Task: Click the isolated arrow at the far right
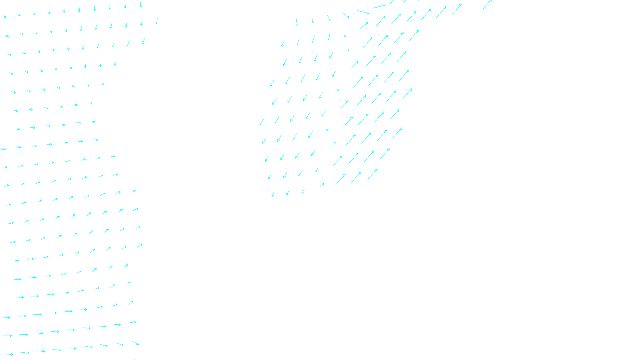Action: click(486, 5)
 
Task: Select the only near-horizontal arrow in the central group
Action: click(378, 6)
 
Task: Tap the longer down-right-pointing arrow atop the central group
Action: click(363, 12)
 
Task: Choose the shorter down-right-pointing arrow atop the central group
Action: click(346, 15)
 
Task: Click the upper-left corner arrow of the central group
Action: click(297, 22)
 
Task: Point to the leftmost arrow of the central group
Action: click(262, 122)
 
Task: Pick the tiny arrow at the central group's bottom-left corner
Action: click(273, 195)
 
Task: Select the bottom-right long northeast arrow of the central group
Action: click(372, 175)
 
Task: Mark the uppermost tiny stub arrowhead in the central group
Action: click(348, 50)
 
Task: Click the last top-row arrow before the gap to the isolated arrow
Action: click(456, 10)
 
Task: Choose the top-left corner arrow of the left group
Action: click(5, 16)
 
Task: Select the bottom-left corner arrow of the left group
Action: click(9, 354)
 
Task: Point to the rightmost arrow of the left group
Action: click(157, 21)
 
